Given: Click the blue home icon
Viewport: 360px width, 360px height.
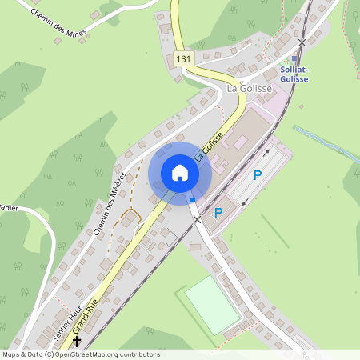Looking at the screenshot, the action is click(180, 173).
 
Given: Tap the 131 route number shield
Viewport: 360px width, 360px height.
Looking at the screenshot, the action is click(183, 59).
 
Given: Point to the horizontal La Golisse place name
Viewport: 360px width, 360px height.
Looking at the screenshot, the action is click(250, 88).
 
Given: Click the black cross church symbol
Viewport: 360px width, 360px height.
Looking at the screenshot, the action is click(78, 339).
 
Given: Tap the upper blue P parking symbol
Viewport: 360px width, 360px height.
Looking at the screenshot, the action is click(258, 175).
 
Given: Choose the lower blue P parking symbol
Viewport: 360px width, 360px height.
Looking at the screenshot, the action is click(218, 213).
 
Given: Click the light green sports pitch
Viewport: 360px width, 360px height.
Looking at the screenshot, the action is click(212, 304).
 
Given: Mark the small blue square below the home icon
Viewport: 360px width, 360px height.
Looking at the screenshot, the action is click(192, 200).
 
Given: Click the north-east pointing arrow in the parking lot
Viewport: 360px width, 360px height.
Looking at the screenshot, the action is click(262, 150).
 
